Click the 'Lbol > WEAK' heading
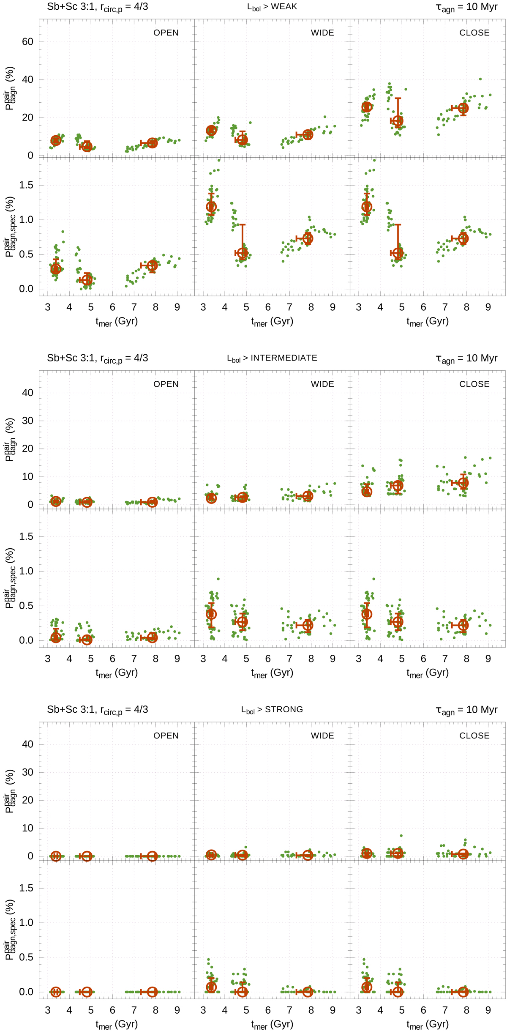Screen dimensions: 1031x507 coord(272,7)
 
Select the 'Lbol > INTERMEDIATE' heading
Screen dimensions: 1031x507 coord(272,358)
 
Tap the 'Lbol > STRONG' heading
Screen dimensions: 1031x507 coord(272,709)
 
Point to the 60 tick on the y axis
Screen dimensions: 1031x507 coord(27,42)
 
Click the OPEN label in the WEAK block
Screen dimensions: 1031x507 coord(166,33)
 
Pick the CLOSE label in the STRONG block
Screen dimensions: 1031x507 coord(474,736)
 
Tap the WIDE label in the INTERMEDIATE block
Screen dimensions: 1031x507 coord(322,384)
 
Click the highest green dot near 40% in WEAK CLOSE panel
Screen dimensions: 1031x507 coord(480,79)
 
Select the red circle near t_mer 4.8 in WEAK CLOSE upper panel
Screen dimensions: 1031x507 coord(398,121)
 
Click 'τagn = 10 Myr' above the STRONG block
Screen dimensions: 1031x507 coord(466,710)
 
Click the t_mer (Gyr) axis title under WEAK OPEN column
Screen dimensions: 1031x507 coord(117,322)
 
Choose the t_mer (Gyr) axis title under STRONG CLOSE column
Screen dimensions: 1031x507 coord(428,1025)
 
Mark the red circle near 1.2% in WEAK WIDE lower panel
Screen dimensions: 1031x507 coord(211,207)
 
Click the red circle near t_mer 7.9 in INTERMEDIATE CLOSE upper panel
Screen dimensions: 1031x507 coord(463,483)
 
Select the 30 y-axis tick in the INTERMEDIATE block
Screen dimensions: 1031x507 coord(27,421)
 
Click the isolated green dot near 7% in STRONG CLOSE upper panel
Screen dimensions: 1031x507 coord(401,836)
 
